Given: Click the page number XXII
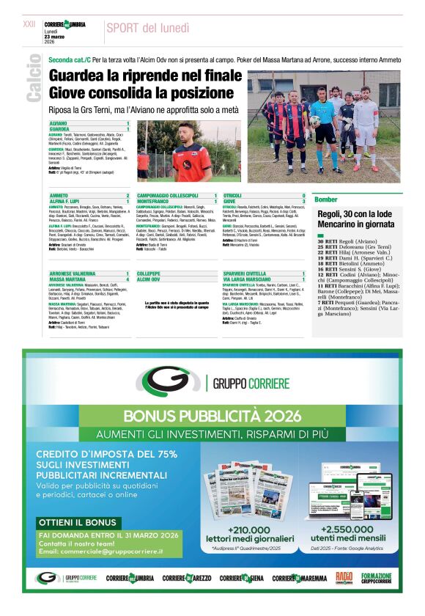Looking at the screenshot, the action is click(x=29, y=24).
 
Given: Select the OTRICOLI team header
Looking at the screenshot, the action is click(x=233, y=196).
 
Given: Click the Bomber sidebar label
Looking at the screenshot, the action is click(x=326, y=199).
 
